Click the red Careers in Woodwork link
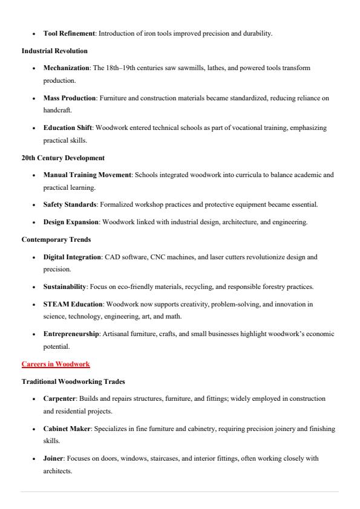pyautogui.click(x=56, y=365)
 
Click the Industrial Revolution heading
pyautogui.click(x=54, y=51)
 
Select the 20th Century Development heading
pyautogui.click(x=63, y=158)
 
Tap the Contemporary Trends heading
pyautogui.click(x=54, y=239)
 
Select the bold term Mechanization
pyautogui.click(x=67, y=68)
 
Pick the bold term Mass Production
pyautogui.click(x=70, y=97)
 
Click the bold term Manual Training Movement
pyautogui.click(x=87, y=175)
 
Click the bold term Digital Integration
pyautogui.click(x=72, y=257)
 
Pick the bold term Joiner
pyautogui.click(x=53, y=458)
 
